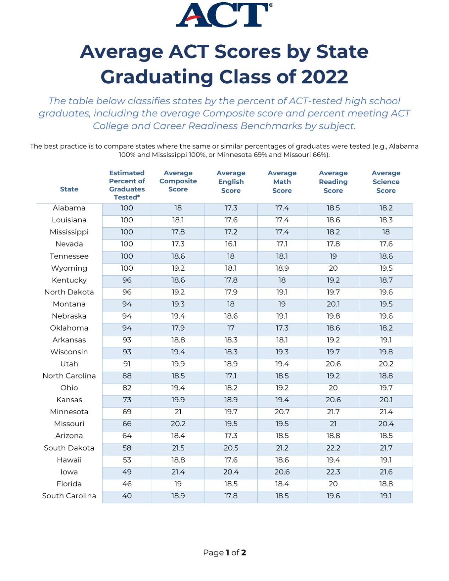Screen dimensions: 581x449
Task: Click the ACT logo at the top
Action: point(224,15)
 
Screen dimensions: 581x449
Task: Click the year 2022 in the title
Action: point(324,77)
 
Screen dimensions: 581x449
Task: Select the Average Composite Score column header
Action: point(178,181)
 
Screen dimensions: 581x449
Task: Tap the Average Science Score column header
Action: point(386,182)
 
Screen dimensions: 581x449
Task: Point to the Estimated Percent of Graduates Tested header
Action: point(127,185)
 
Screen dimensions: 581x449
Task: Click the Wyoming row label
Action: point(69,268)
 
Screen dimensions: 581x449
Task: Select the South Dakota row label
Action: point(69,448)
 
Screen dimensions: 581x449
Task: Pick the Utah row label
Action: point(69,364)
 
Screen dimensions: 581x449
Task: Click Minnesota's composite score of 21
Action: point(178,412)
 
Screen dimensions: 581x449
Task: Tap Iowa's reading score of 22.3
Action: point(333,472)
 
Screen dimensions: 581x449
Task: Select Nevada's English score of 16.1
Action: point(231,244)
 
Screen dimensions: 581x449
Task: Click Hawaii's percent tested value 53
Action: point(127,460)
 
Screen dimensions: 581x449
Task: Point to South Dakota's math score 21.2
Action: point(282,448)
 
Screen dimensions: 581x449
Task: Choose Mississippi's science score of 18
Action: point(386,232)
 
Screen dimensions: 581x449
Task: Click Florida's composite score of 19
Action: point(178,484)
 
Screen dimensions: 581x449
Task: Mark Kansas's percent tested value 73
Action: point(127,400)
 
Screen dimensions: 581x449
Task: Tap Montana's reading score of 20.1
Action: point(333,304)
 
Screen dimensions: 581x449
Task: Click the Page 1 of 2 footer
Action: point(224,553)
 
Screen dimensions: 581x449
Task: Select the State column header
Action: point(69,189)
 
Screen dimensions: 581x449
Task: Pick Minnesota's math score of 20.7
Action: point(282,412)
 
